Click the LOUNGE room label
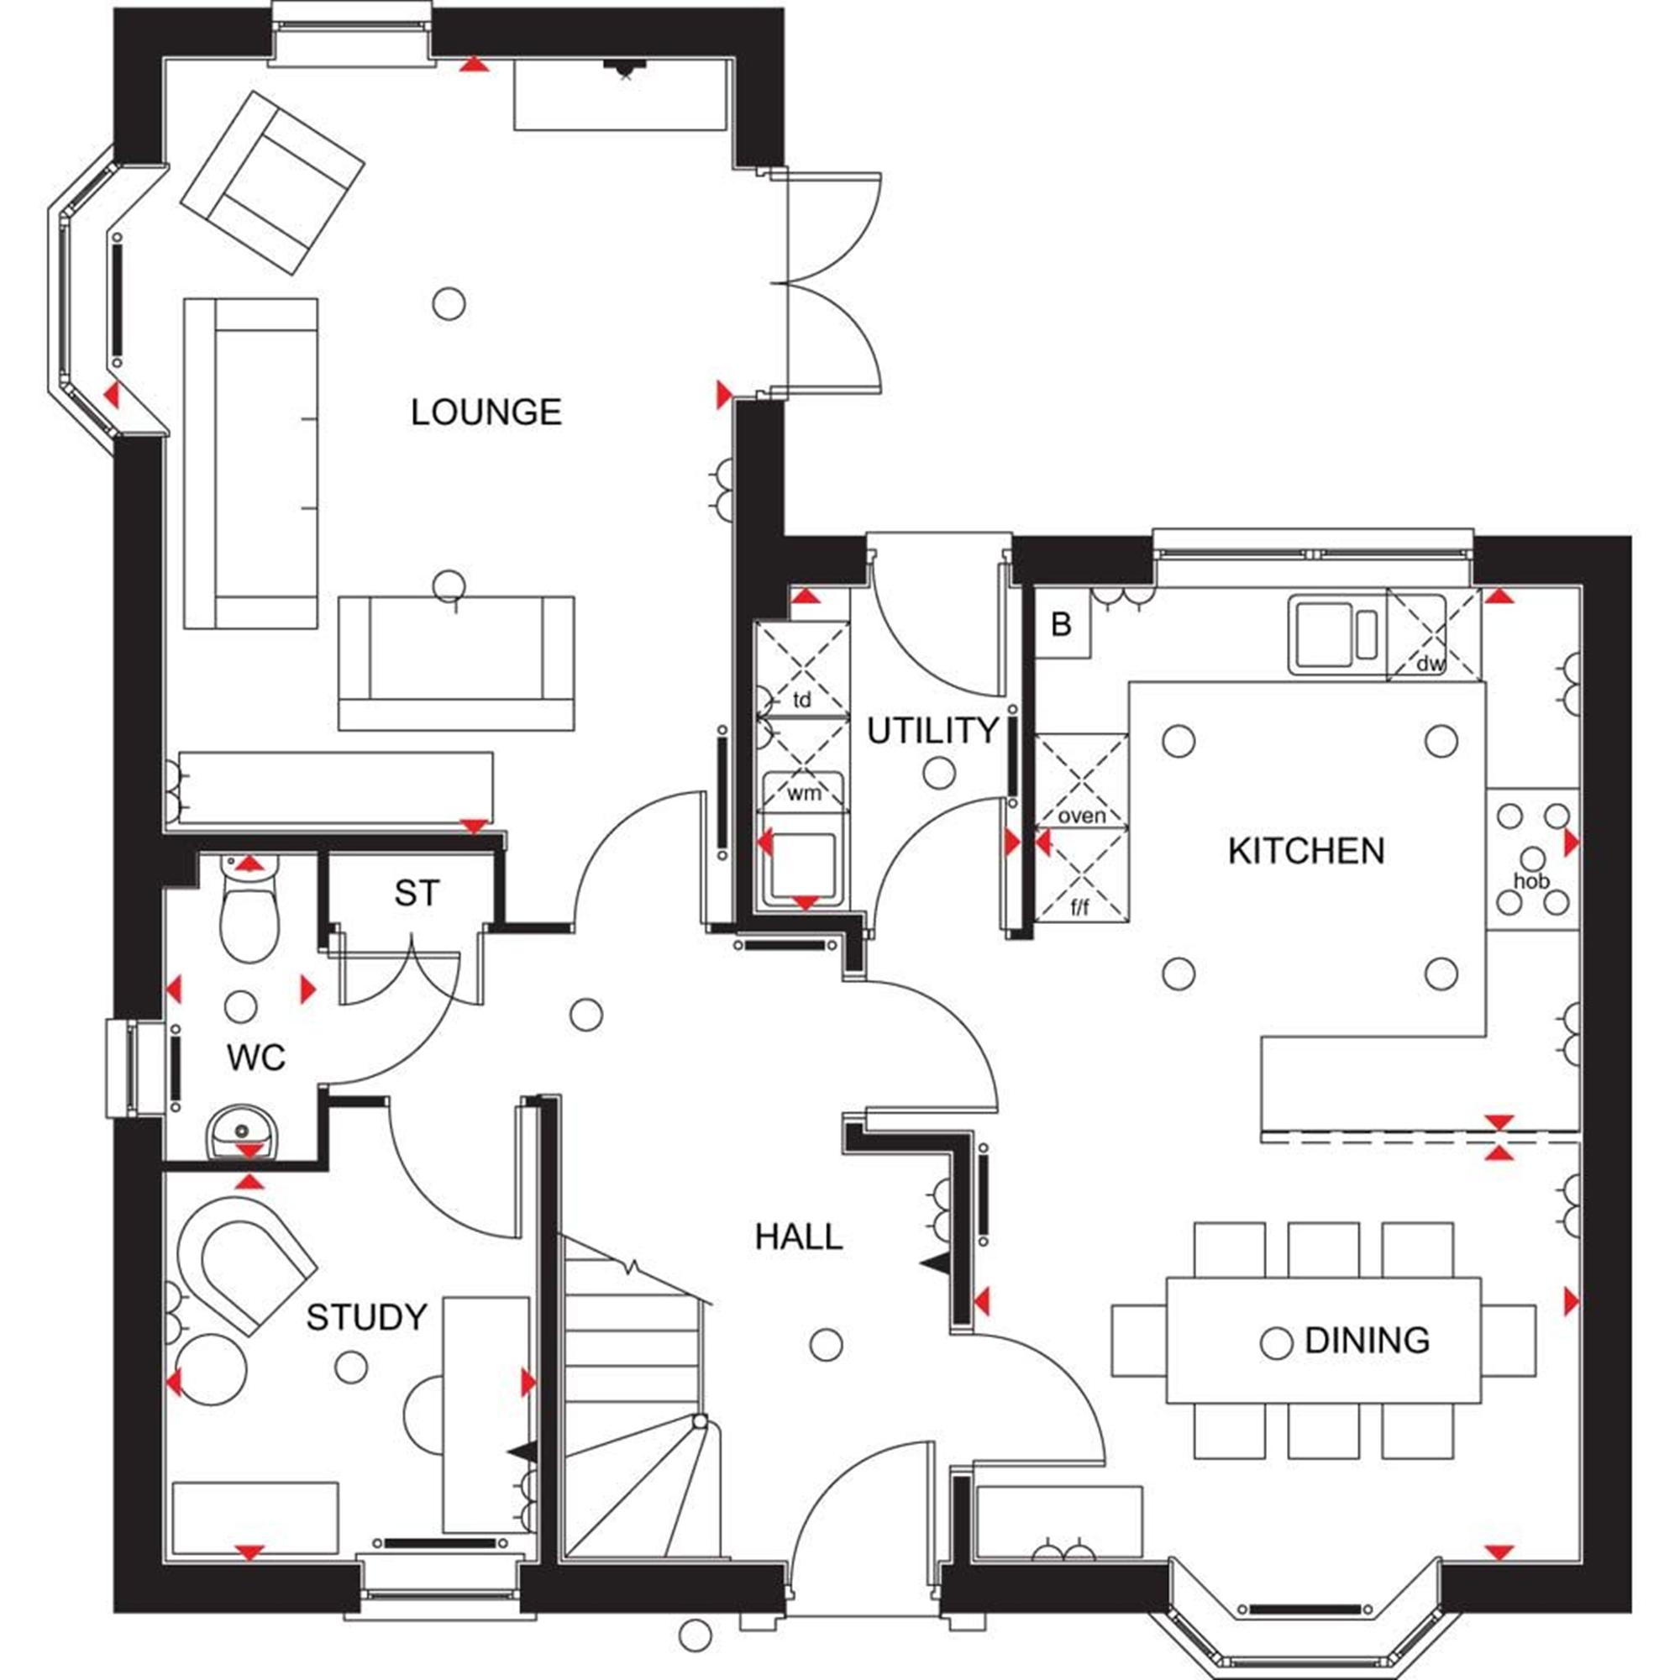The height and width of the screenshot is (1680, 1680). tap(486, 412)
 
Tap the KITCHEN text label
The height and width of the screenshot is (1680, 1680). tap(1306, 850)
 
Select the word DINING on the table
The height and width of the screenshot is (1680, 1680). tap(1367, 1340)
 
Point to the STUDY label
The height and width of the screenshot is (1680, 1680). tap(366, 1317)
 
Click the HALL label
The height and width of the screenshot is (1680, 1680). tap(798, 1237)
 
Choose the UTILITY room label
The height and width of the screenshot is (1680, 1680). tap(932, 732)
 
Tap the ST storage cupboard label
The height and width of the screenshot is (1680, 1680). tap(417, 893)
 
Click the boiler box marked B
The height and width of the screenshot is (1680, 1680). tap(1062, 625)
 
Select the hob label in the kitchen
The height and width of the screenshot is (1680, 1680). tap(1531, 881)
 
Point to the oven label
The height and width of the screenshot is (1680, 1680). tap(1082, 816)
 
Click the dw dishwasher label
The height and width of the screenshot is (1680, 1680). tap(1430, 664)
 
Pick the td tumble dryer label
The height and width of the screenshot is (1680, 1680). tap(801, 699)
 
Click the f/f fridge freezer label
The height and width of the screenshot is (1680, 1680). tap(1079, 909)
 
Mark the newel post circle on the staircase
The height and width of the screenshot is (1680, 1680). tap(699, 1422)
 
